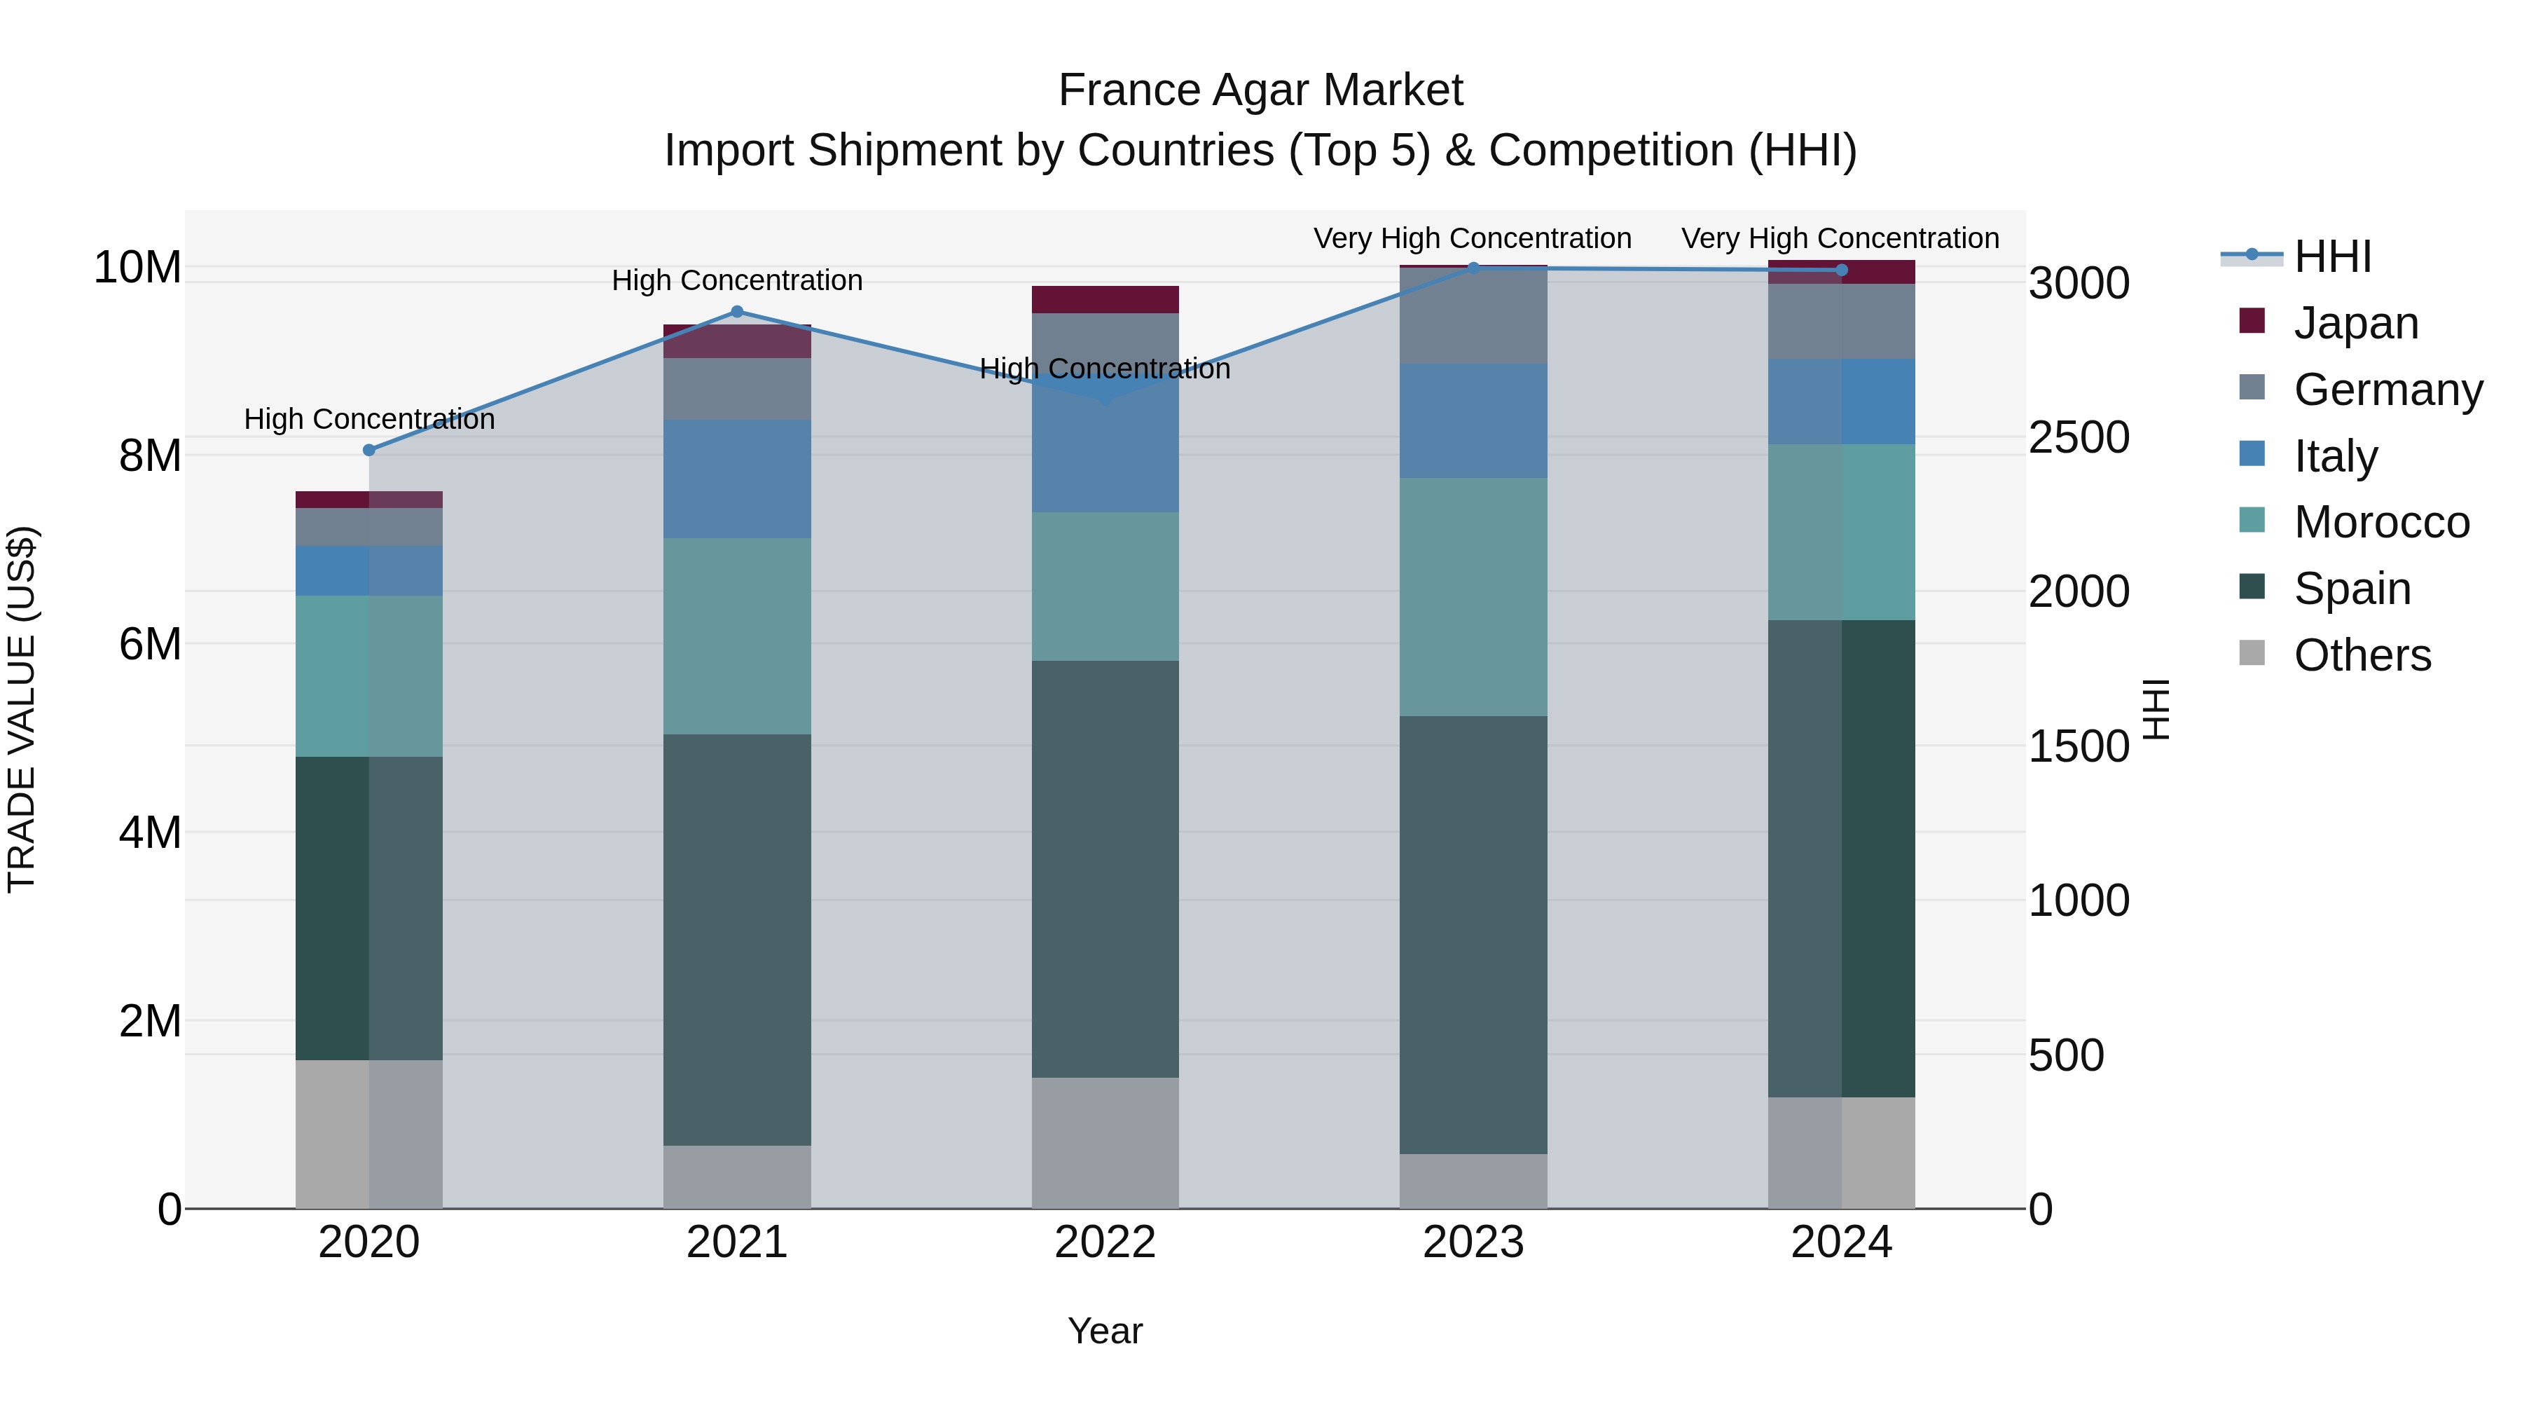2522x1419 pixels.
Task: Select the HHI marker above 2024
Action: click(x=1842, y=270)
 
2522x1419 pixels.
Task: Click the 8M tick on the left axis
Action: click(x=150, y=456)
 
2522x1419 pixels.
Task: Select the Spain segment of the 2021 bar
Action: click(x=737, y=940)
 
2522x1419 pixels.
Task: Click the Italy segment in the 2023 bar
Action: click(x=1473, y=421)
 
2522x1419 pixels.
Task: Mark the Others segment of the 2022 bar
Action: click(x=1105, y=1143)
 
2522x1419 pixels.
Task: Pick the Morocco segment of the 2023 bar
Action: click(x=1473, y=597)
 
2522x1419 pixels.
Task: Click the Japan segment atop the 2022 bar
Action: click(x=1105, y=300)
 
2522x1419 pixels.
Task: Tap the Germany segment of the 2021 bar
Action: click(x=737, y=390)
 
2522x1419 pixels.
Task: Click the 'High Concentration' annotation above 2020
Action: click(x=369, y=419)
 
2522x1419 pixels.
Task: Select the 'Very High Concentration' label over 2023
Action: click(x=1473, y=239)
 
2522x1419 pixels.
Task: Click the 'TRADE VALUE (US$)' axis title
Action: click(x=22, y=709)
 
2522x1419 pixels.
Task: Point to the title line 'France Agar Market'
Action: click(x=1260, y=91)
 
